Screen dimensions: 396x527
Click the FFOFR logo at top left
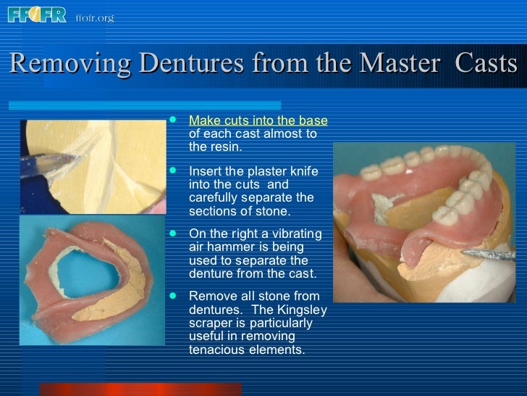[36, 14]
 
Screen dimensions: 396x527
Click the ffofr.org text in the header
[95, 17]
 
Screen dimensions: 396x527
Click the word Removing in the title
[70, 64]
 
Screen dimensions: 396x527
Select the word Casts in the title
[486, 64]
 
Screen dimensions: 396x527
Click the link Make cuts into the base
[258, 120]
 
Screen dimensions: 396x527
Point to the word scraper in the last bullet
[211, 323]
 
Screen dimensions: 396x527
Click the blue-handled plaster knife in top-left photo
[43, 164]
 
